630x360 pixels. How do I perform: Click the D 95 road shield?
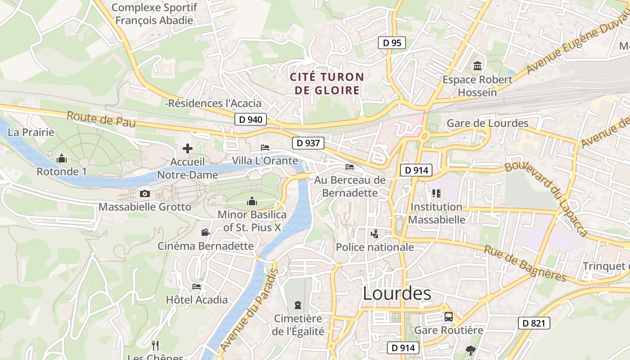click(391, 43)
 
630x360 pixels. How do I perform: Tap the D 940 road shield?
click(251, 119)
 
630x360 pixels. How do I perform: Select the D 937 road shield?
click(308, 143)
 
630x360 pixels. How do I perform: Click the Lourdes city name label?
click(396, 293)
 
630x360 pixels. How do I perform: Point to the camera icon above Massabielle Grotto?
click(144, 193)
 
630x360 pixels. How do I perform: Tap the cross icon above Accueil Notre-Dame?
click(188, 148)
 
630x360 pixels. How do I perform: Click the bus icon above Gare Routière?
click(449, 316)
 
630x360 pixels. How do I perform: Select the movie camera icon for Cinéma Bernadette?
click(205, 232)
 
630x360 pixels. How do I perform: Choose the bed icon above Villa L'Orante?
click(265, 147)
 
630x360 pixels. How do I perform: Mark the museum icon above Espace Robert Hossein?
click(477, 66)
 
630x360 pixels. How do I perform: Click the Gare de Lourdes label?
click(487, 123)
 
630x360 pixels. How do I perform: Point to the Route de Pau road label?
click(101, 119)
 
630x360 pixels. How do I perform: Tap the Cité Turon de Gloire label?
click(327, 83)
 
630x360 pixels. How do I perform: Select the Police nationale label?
click(375, 247)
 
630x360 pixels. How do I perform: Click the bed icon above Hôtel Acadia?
click(197, 286)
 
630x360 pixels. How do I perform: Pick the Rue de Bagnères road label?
click(524, 263)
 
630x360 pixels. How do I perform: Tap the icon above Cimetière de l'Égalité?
click(297, 305)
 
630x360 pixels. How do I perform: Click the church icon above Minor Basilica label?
click(252, 201)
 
